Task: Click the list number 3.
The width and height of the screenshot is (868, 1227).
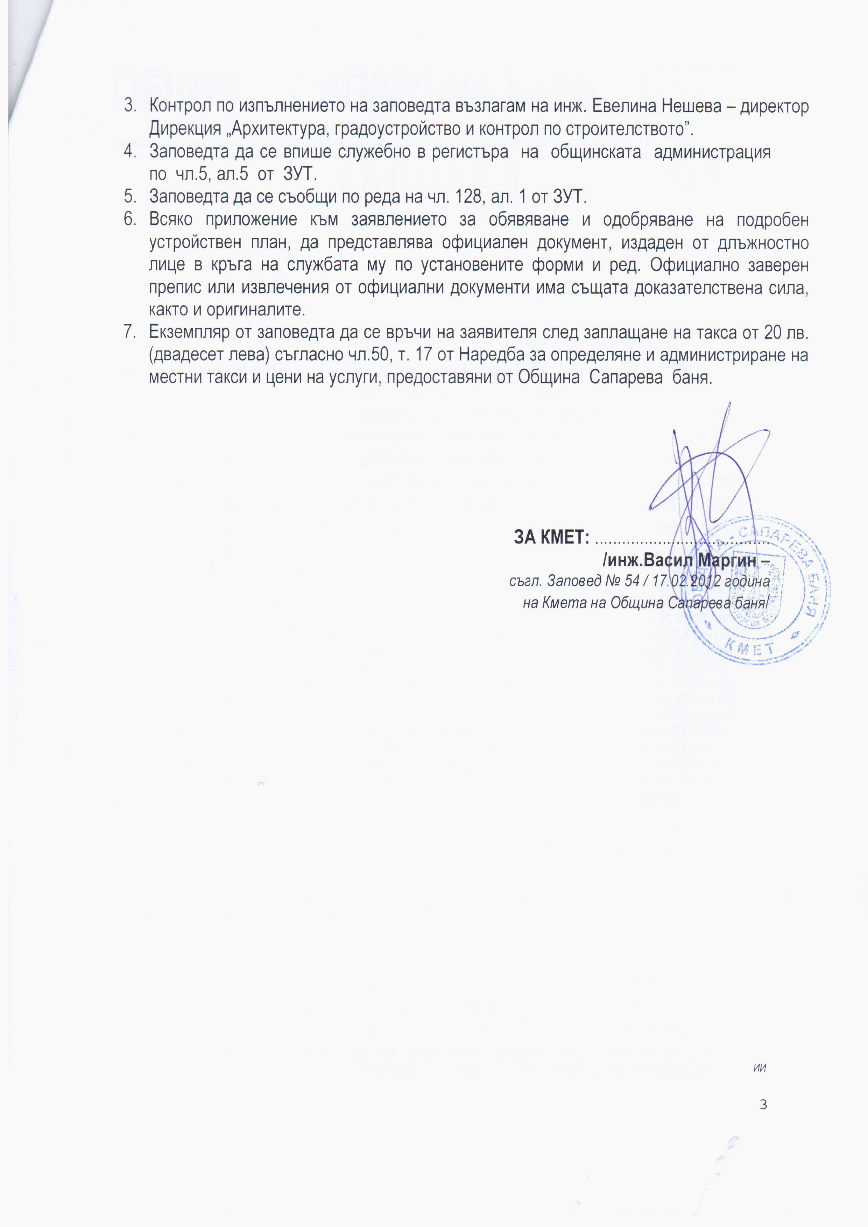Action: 129,106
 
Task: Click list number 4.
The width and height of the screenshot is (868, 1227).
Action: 129,152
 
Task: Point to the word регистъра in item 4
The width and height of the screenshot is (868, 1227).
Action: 470,152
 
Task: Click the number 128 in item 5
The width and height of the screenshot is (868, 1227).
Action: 468,197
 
